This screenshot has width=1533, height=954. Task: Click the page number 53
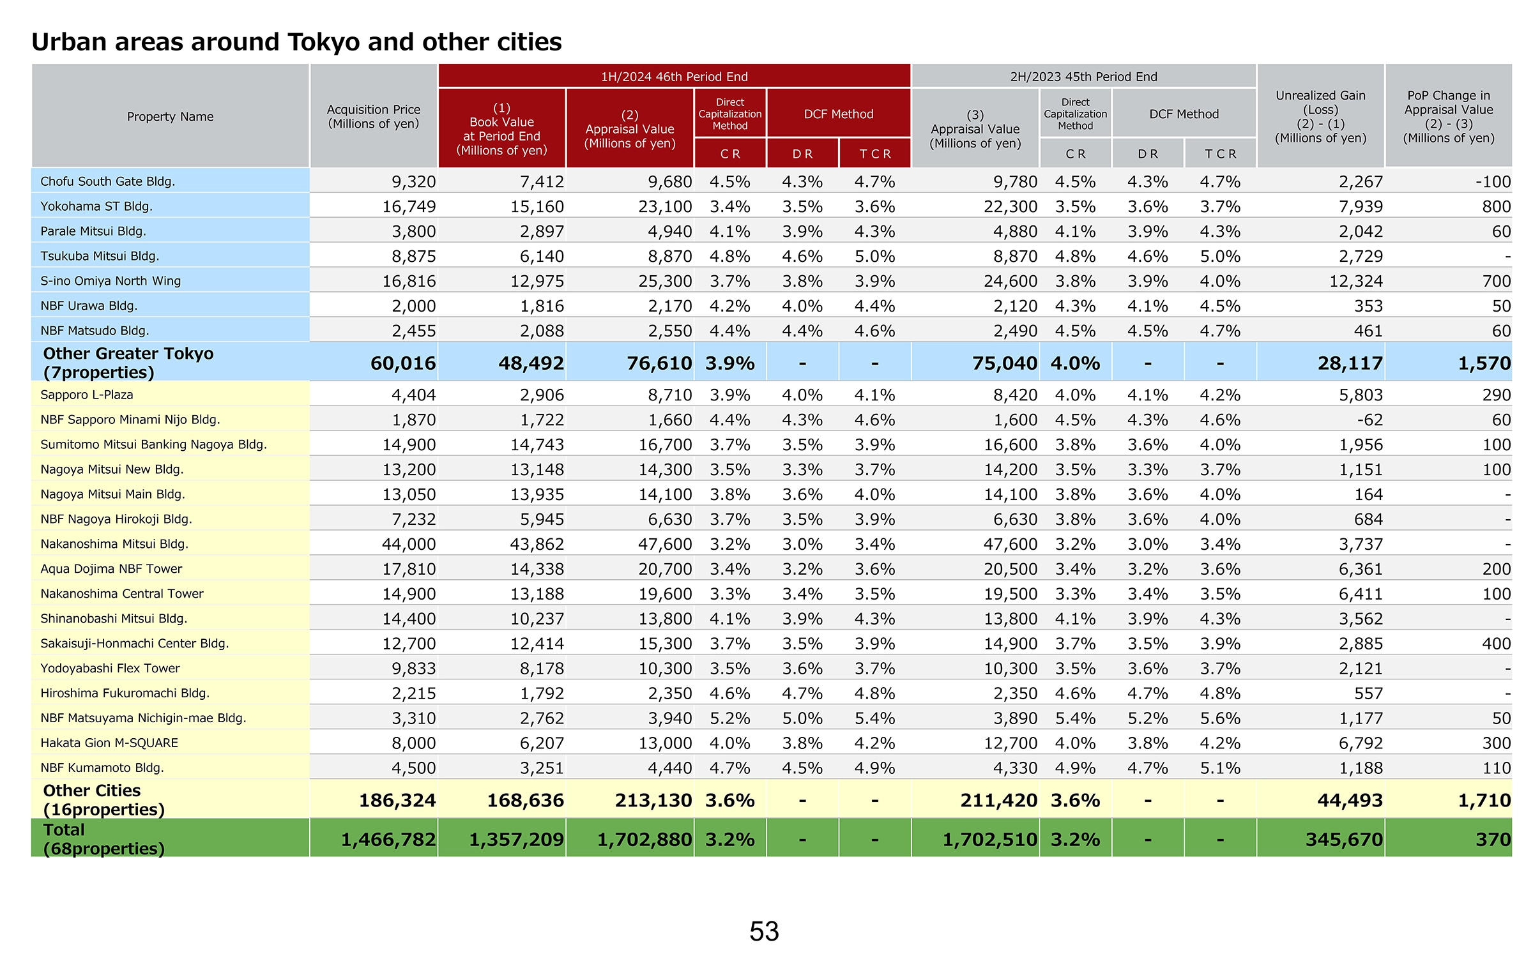click(x=764, y=931)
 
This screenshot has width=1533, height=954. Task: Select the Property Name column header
click(x=170, y=117)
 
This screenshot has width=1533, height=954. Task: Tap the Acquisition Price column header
click(x=374, y=116)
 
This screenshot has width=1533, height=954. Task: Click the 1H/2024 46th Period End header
click(x=674, y=77)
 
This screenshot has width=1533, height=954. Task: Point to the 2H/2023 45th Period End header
click(x=1083, y=77)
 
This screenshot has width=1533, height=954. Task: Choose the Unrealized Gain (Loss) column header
click(x=1320, y=116)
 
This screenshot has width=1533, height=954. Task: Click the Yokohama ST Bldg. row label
click(x=96, y=206)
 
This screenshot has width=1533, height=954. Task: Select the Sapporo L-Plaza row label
click(x=87, y=395)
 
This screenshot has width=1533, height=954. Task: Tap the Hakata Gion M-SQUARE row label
click(x=109, y=743)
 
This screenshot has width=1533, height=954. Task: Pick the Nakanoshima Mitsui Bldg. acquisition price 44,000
click(x=409, y=544)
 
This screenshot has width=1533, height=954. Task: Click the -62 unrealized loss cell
click(x=1369, y=420)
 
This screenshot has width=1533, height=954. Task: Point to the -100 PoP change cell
click(x=1493, y=182)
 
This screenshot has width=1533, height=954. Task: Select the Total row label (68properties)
click(x=103, y=839)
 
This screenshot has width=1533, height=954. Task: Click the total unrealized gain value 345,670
click(x=1344, y=840)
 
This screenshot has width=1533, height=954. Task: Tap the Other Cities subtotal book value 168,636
click(x=525, y=800)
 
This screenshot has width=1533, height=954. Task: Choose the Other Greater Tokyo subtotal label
click(x=128, y=363)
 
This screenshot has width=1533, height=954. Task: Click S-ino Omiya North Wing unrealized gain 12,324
click(x=1356, y=281)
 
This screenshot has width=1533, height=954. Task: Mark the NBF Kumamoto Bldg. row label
click(x=102, y=768)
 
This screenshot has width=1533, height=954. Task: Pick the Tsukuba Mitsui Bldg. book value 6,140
click(x=542, y=256)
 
